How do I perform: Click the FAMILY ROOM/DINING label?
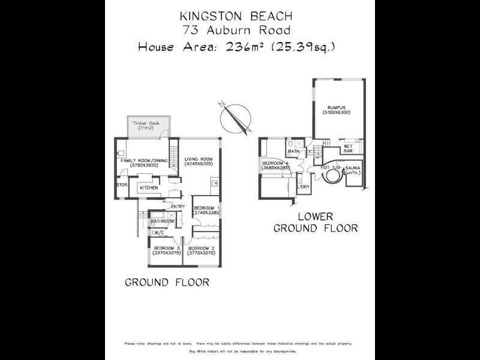click(x=144, y=161)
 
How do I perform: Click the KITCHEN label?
click(x=149, y=188)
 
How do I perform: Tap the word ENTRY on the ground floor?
click(x=178, y=207)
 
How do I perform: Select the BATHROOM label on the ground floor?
click(x=162, y=221)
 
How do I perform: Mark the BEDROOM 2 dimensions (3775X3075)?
click(x=200, y=254)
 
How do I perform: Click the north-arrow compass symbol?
click(x=233, y=118)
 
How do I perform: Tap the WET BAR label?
click(x=348, y=149)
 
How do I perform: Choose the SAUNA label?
click(x=352, y=169)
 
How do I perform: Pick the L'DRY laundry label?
click(x=304, y=188)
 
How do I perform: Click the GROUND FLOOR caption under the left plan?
click(x=167, y=283)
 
